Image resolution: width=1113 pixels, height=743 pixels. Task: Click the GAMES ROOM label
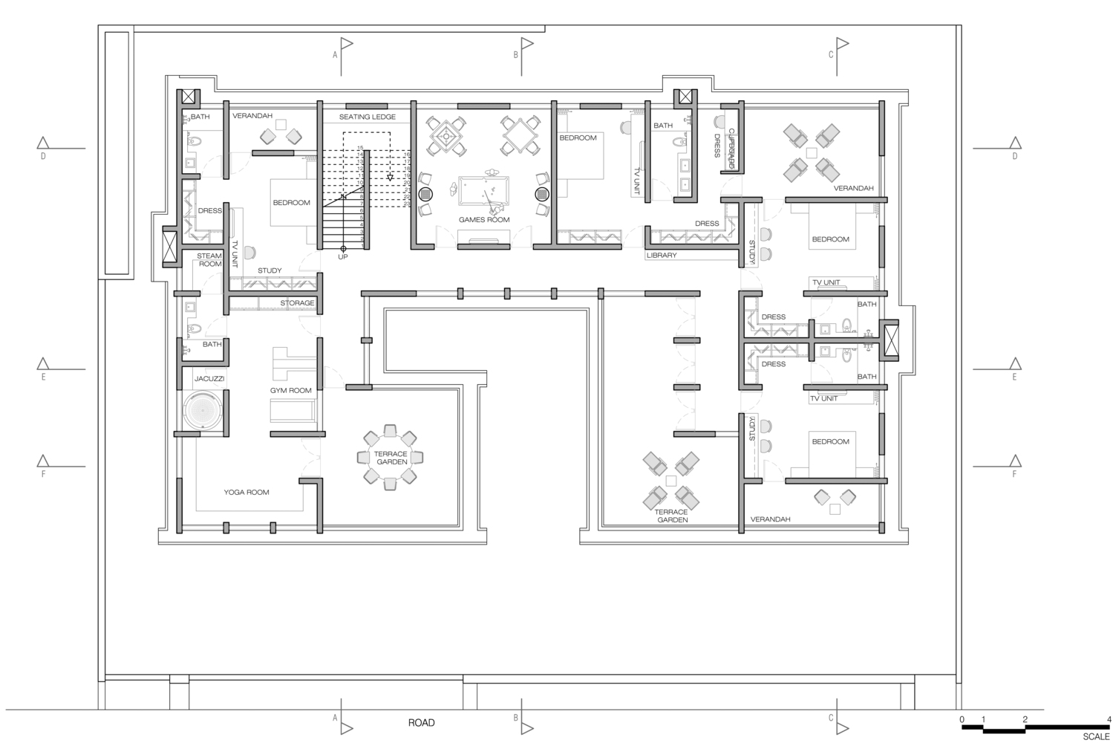point(483,220)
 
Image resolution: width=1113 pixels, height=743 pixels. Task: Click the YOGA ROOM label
point(247,492)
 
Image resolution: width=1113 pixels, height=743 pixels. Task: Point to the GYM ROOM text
point(290,390)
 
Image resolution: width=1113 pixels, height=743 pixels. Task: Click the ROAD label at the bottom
point(421,722)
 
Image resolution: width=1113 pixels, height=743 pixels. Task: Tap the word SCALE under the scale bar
point(1096,736)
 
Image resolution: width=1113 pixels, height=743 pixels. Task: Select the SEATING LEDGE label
point(368,117)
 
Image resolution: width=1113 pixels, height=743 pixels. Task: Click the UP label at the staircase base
point(343,257)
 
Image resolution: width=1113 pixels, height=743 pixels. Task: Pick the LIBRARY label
point(662,256)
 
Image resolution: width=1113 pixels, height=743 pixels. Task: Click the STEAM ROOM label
point(209,260)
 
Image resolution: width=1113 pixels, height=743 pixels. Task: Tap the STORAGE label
point(297,303)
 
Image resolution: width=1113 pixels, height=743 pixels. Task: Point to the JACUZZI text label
point(209,379)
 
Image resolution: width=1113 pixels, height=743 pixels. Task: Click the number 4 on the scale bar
point(1108,719)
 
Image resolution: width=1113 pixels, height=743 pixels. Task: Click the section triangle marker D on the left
point(43,143)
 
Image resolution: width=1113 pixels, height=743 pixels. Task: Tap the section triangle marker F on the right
point(1014,461)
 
